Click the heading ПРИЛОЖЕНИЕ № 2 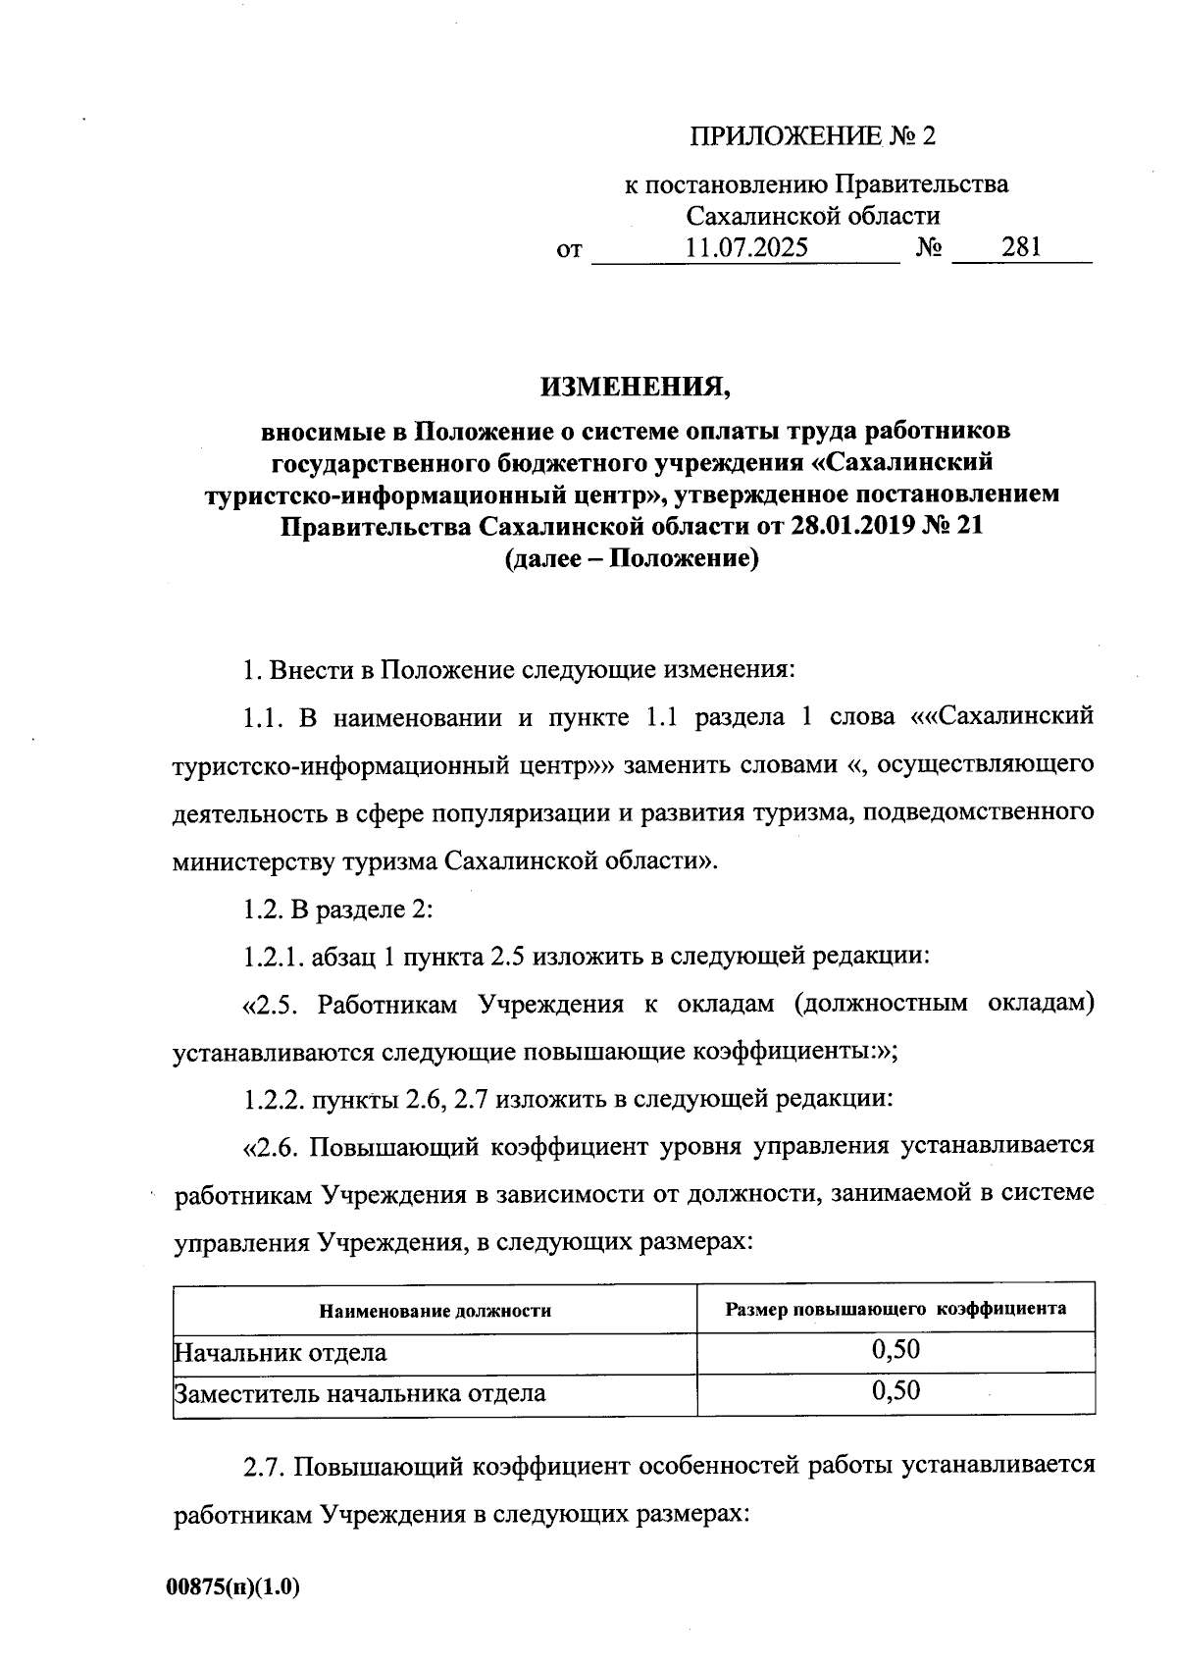[x=812, y=136]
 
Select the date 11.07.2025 [x=746, y=247]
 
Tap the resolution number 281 [x=1021, y=247]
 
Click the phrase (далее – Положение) [x=632, y=559]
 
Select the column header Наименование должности [x=435, y=1311]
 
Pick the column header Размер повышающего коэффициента [x=896, y=1309]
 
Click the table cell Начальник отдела [x=281, y=1353]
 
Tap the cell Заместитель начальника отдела [x=360, y=1393]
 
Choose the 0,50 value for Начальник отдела [x=896, y=1350]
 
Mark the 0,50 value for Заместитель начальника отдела [x=896, y=1390]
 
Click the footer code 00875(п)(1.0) [x=232, y=1586]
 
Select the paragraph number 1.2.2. [x=274, y=1099]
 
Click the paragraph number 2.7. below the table [x=263, y=1466]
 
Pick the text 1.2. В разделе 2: [x=337, y=909]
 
